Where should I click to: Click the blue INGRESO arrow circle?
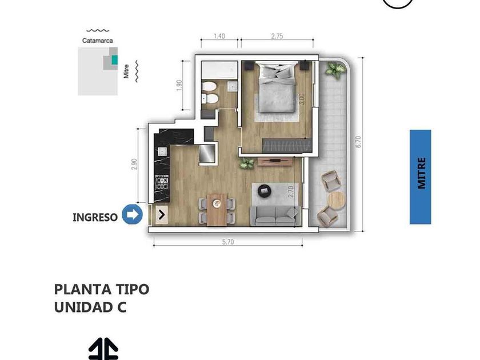pos(132,214)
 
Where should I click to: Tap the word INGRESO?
pos(95,217)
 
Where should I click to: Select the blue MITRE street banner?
pos(421,177)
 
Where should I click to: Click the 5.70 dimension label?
pos(228,242)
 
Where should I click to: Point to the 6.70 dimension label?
pos(358,142)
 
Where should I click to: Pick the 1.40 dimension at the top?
pos(219,36)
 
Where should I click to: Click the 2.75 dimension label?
pos(277,36)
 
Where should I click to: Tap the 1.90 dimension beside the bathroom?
pos(179,85)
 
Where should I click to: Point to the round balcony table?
pos(337,200)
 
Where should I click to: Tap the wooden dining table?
pos(217,210)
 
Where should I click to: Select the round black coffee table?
pos(264,191)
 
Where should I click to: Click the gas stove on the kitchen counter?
pos(162,183)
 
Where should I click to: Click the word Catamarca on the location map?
pos(97,41)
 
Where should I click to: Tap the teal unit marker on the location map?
pos(114,59)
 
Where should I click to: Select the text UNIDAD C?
pos(90,307)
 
